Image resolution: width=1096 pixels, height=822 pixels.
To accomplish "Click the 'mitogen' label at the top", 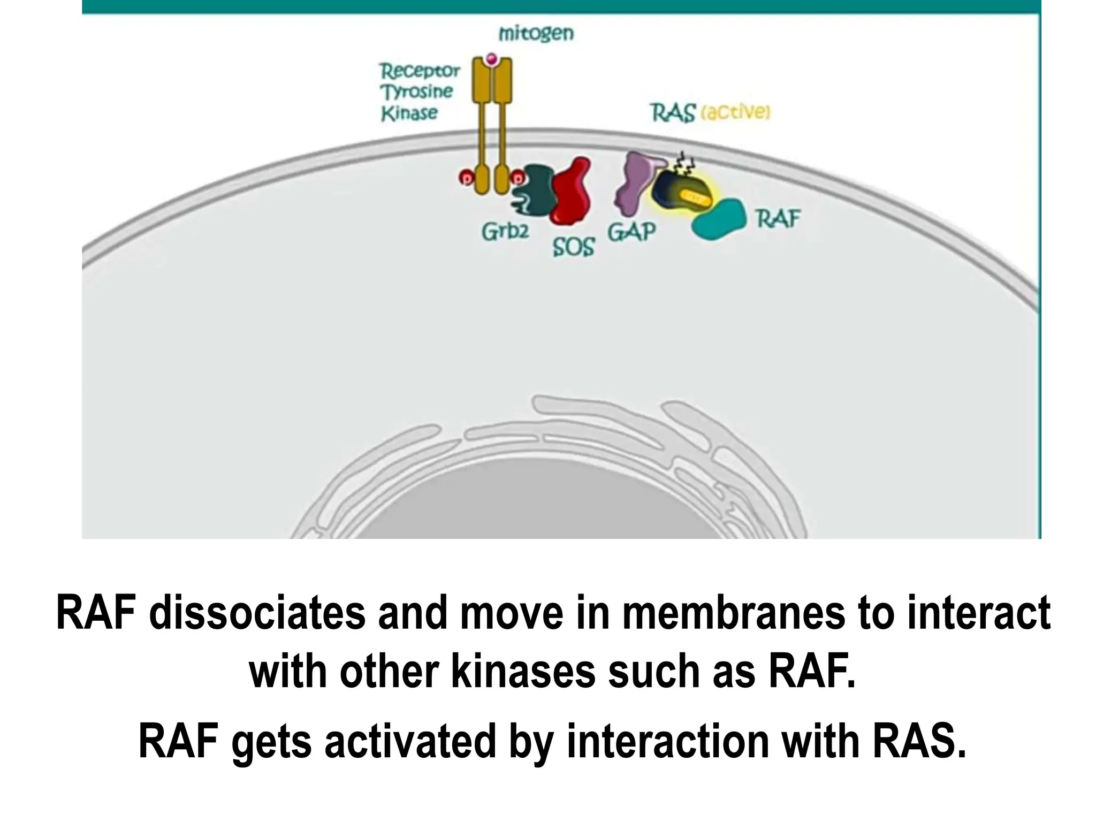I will (536, 34).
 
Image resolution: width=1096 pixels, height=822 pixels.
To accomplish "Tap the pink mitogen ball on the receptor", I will (491, 58).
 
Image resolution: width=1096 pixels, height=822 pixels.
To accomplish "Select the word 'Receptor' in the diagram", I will (420, 71).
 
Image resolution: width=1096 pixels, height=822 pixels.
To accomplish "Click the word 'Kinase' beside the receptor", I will (409, 113).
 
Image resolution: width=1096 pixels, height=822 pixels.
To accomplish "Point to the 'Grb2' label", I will (505, 231).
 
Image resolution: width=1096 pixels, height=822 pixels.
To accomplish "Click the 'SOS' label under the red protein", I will (573, 247).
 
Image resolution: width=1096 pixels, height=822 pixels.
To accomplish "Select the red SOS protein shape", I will (572, 193).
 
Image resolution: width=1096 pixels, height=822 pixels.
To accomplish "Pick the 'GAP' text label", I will (631, 232).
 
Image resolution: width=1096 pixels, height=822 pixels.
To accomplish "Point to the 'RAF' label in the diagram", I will (778, 219).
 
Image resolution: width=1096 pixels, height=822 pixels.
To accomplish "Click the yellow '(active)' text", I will (735, 113).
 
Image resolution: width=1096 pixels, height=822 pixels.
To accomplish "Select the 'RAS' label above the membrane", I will (673, 113).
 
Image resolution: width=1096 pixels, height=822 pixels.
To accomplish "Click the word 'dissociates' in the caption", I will (257, 613).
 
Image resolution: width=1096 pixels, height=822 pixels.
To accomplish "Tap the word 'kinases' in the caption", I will (523, 672).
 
